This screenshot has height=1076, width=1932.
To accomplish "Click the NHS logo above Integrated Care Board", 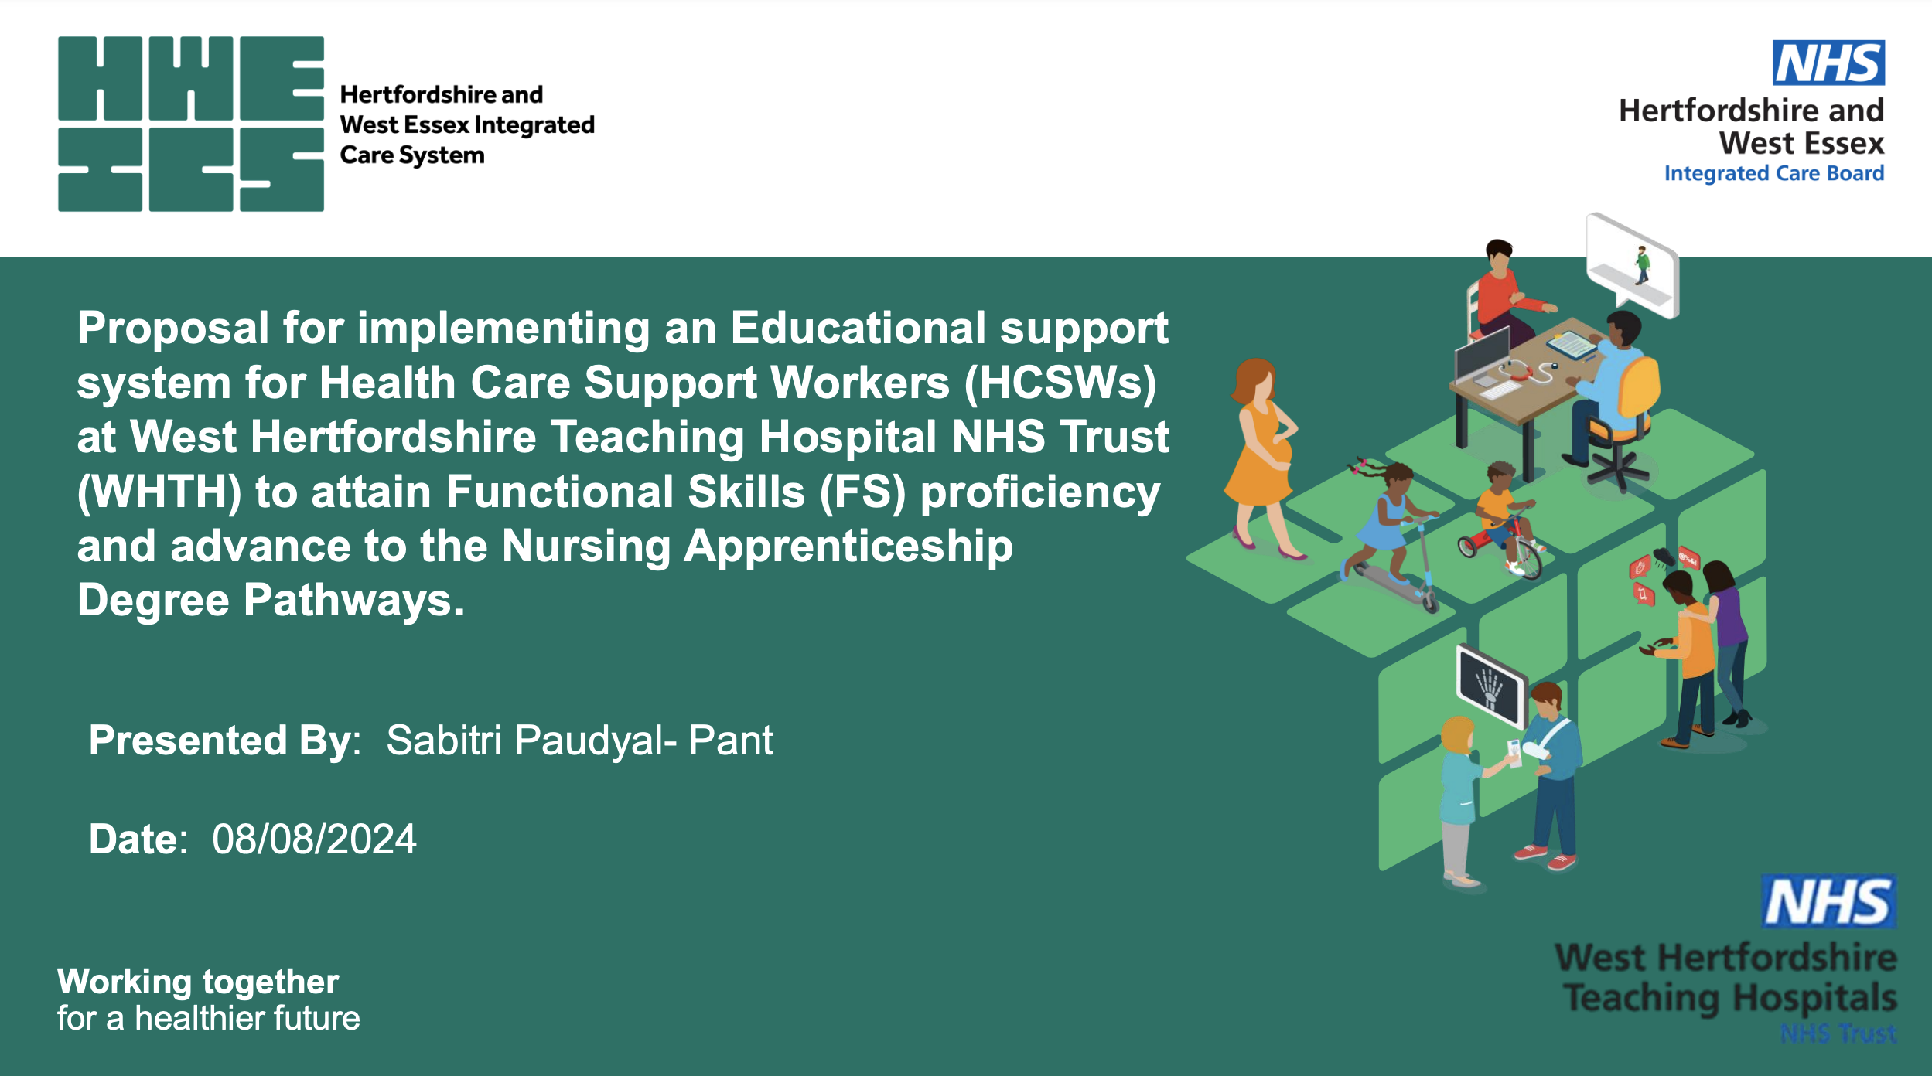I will [1828, 63].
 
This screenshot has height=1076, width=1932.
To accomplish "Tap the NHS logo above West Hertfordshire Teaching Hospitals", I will [1828, 901].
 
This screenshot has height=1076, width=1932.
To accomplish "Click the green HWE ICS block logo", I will [190, 124].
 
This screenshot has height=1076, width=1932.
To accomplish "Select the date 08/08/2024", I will [314, 839].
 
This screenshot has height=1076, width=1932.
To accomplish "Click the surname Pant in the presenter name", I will [730, 741].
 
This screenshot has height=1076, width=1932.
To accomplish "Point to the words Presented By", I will [224, 741].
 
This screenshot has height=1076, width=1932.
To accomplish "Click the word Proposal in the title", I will [172, 329].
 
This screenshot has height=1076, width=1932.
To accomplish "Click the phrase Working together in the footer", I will [198, 982].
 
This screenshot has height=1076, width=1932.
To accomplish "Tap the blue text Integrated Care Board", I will [1773, 173].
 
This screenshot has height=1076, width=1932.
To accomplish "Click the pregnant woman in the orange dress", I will [1261, 456].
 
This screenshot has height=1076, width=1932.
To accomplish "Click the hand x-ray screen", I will [1490, 685].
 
